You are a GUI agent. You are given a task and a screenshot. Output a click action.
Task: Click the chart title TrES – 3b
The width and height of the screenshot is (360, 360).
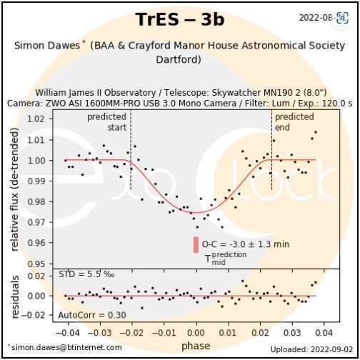coord(179,19)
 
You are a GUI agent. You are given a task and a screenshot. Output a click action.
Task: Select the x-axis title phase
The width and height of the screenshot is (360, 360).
coord(195,345)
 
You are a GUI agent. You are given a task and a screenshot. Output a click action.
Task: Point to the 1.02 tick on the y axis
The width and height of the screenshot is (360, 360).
coord(42,118)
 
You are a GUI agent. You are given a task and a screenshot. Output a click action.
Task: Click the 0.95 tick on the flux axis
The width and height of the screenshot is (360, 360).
coord(42,264)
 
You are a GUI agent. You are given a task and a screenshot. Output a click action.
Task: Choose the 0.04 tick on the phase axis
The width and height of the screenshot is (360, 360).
coord(324,332)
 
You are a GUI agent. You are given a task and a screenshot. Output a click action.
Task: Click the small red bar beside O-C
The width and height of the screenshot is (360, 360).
coord(195,244)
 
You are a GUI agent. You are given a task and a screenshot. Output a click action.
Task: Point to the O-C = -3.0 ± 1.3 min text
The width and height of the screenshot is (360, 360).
coord(245,244)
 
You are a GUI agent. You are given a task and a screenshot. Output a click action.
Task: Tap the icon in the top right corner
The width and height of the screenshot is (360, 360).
coord(341,16)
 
